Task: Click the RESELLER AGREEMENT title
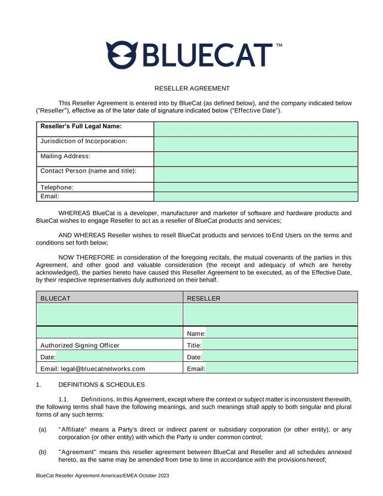pos(191,88)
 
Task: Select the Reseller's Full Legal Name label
pos(81,126)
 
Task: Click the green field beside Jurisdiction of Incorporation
pos(256,144)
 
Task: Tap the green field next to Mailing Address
pos(256,159)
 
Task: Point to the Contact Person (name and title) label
pos(88,171)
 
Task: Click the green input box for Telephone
pos(256,187)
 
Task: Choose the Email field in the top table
pos(256,196)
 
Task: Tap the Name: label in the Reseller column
pos(196,333)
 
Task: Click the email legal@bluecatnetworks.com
pos(92,368)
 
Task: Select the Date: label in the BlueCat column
pos(48,357)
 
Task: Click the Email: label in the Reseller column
pos(196,368)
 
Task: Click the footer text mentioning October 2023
pos(102,475)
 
